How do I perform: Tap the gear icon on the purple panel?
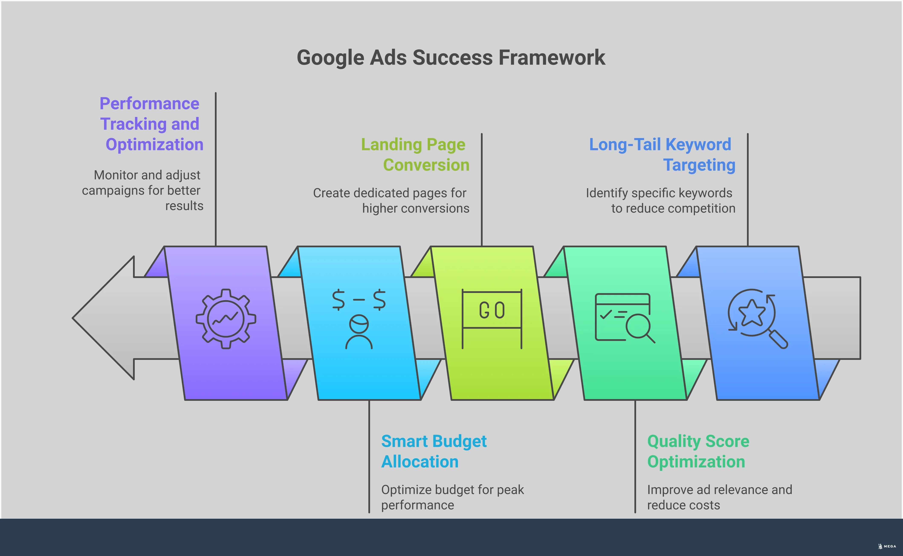click(x=226, y=319)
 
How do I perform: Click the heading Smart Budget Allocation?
click(x=434, y=451)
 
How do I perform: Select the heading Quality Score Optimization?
click(x=698, y=451)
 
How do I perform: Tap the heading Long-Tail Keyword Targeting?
click(x=662, y=154)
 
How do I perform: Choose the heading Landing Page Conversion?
click(x=415, y=154)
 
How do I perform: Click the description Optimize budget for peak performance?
click(x=452, y=497)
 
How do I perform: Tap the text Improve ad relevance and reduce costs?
click(x=719, y=497)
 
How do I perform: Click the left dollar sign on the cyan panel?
click(x=338, y=300)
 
